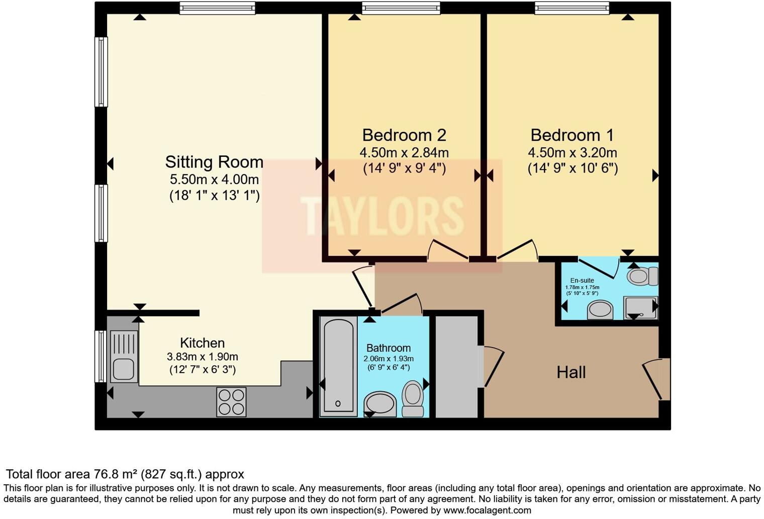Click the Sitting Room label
(214, 162)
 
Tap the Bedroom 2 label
(404, 135)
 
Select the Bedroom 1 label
(572, 135)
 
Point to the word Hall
(571, 373)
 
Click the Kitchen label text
(202, 343)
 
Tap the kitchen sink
(123, 356)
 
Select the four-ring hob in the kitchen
(231, 402)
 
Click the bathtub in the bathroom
(338, 366)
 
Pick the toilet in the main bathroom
(413, 398)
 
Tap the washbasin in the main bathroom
(380, 404)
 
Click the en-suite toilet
(642, 276)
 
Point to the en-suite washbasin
(600, 310)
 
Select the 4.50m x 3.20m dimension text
(572, 152)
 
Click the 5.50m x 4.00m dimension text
(214, 179)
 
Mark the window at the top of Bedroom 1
(572, 8)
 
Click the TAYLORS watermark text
(382, 216)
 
